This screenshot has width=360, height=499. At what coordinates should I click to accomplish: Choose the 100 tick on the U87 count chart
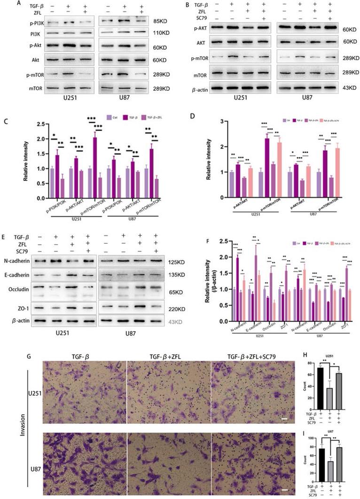[309, 439]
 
